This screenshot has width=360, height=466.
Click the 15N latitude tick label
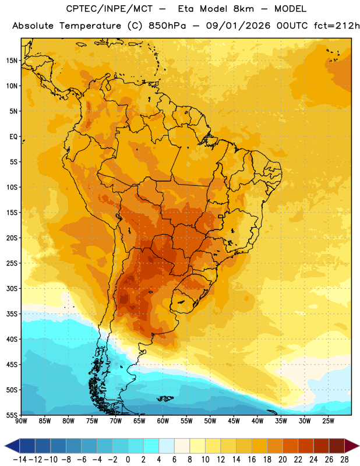click(x=12, y=61)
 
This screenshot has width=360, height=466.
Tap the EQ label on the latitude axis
click(x=13, y=137)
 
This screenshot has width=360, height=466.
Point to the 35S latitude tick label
click(x=12, y=314)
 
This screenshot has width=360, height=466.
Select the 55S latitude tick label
click(x=12, y=415)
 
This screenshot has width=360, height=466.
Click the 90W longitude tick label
click(x=21, y=421)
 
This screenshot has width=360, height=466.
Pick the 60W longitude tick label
click(x=163, y=421)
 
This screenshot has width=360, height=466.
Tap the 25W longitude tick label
click(x=328, y=421)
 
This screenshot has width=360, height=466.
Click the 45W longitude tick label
click(x=234, y=421)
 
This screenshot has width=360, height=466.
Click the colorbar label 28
click(x=344, y=460)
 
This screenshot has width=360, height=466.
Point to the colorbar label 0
click(x=128, y=460)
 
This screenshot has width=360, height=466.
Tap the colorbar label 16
click(x=252, y=460)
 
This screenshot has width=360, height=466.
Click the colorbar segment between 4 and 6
click(x=167, y=446)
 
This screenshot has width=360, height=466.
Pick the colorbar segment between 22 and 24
click(x=306, y=446)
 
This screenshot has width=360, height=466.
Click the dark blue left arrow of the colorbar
click(x=12, y=446)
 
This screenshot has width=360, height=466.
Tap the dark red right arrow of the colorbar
click(x=352, y=446)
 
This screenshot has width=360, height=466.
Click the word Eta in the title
click(x=185, y=9)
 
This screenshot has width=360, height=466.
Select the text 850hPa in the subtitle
click(x=167, y=26)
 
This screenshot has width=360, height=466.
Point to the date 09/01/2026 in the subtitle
click(x=238, y=26)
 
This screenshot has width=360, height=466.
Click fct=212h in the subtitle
click(x=337, y=26)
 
